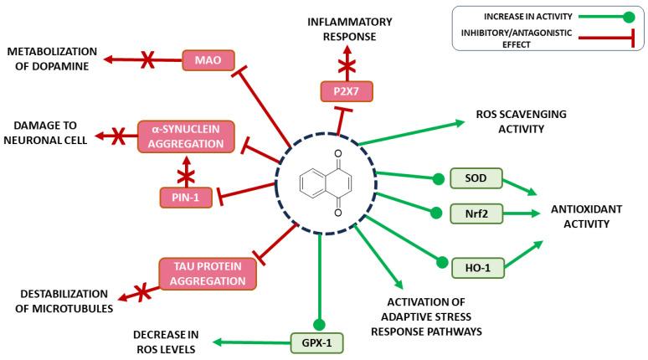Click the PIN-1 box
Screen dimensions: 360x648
click(186, 197)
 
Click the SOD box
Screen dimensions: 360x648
click(471, 177)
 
